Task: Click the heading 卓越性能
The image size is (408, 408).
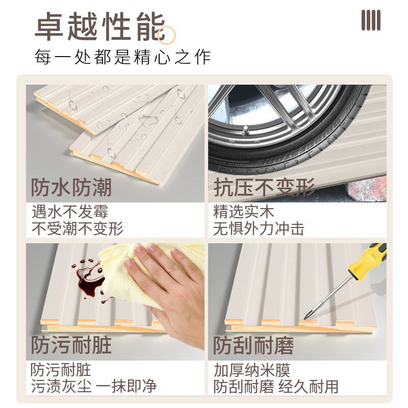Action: (99, 27)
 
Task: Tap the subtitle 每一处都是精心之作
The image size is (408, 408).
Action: (122, 57)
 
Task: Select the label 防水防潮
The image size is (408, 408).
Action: (71, 188)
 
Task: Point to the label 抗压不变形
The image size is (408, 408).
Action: (264, 188)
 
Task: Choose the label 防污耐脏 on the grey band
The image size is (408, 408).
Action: (71, 345)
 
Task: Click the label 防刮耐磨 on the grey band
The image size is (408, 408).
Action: (253, 345)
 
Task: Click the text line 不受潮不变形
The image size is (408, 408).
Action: (78, 228)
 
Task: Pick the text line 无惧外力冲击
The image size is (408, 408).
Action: (259, 228)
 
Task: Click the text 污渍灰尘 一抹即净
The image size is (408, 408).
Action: (93, 386)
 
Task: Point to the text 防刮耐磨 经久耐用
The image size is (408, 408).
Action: (275, 386)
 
